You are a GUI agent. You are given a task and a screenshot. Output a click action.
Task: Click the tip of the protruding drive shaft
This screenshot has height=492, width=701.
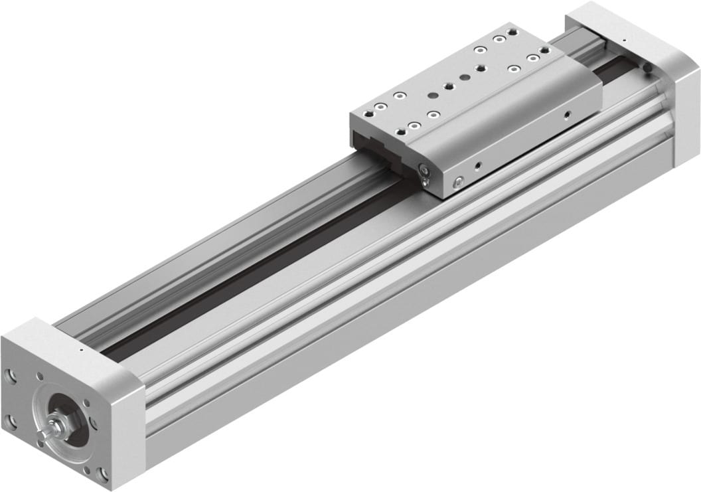(x=41, y=435)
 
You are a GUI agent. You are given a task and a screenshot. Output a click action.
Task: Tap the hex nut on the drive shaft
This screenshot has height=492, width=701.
(x=56, y=429)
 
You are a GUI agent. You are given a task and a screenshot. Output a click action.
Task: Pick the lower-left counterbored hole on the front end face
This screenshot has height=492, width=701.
(x=11, y=420)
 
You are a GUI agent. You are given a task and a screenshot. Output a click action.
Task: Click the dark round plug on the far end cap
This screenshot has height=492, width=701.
(x=645, y=67)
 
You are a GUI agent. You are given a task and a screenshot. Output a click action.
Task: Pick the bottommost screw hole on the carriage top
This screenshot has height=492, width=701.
(x=414, y=125)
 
